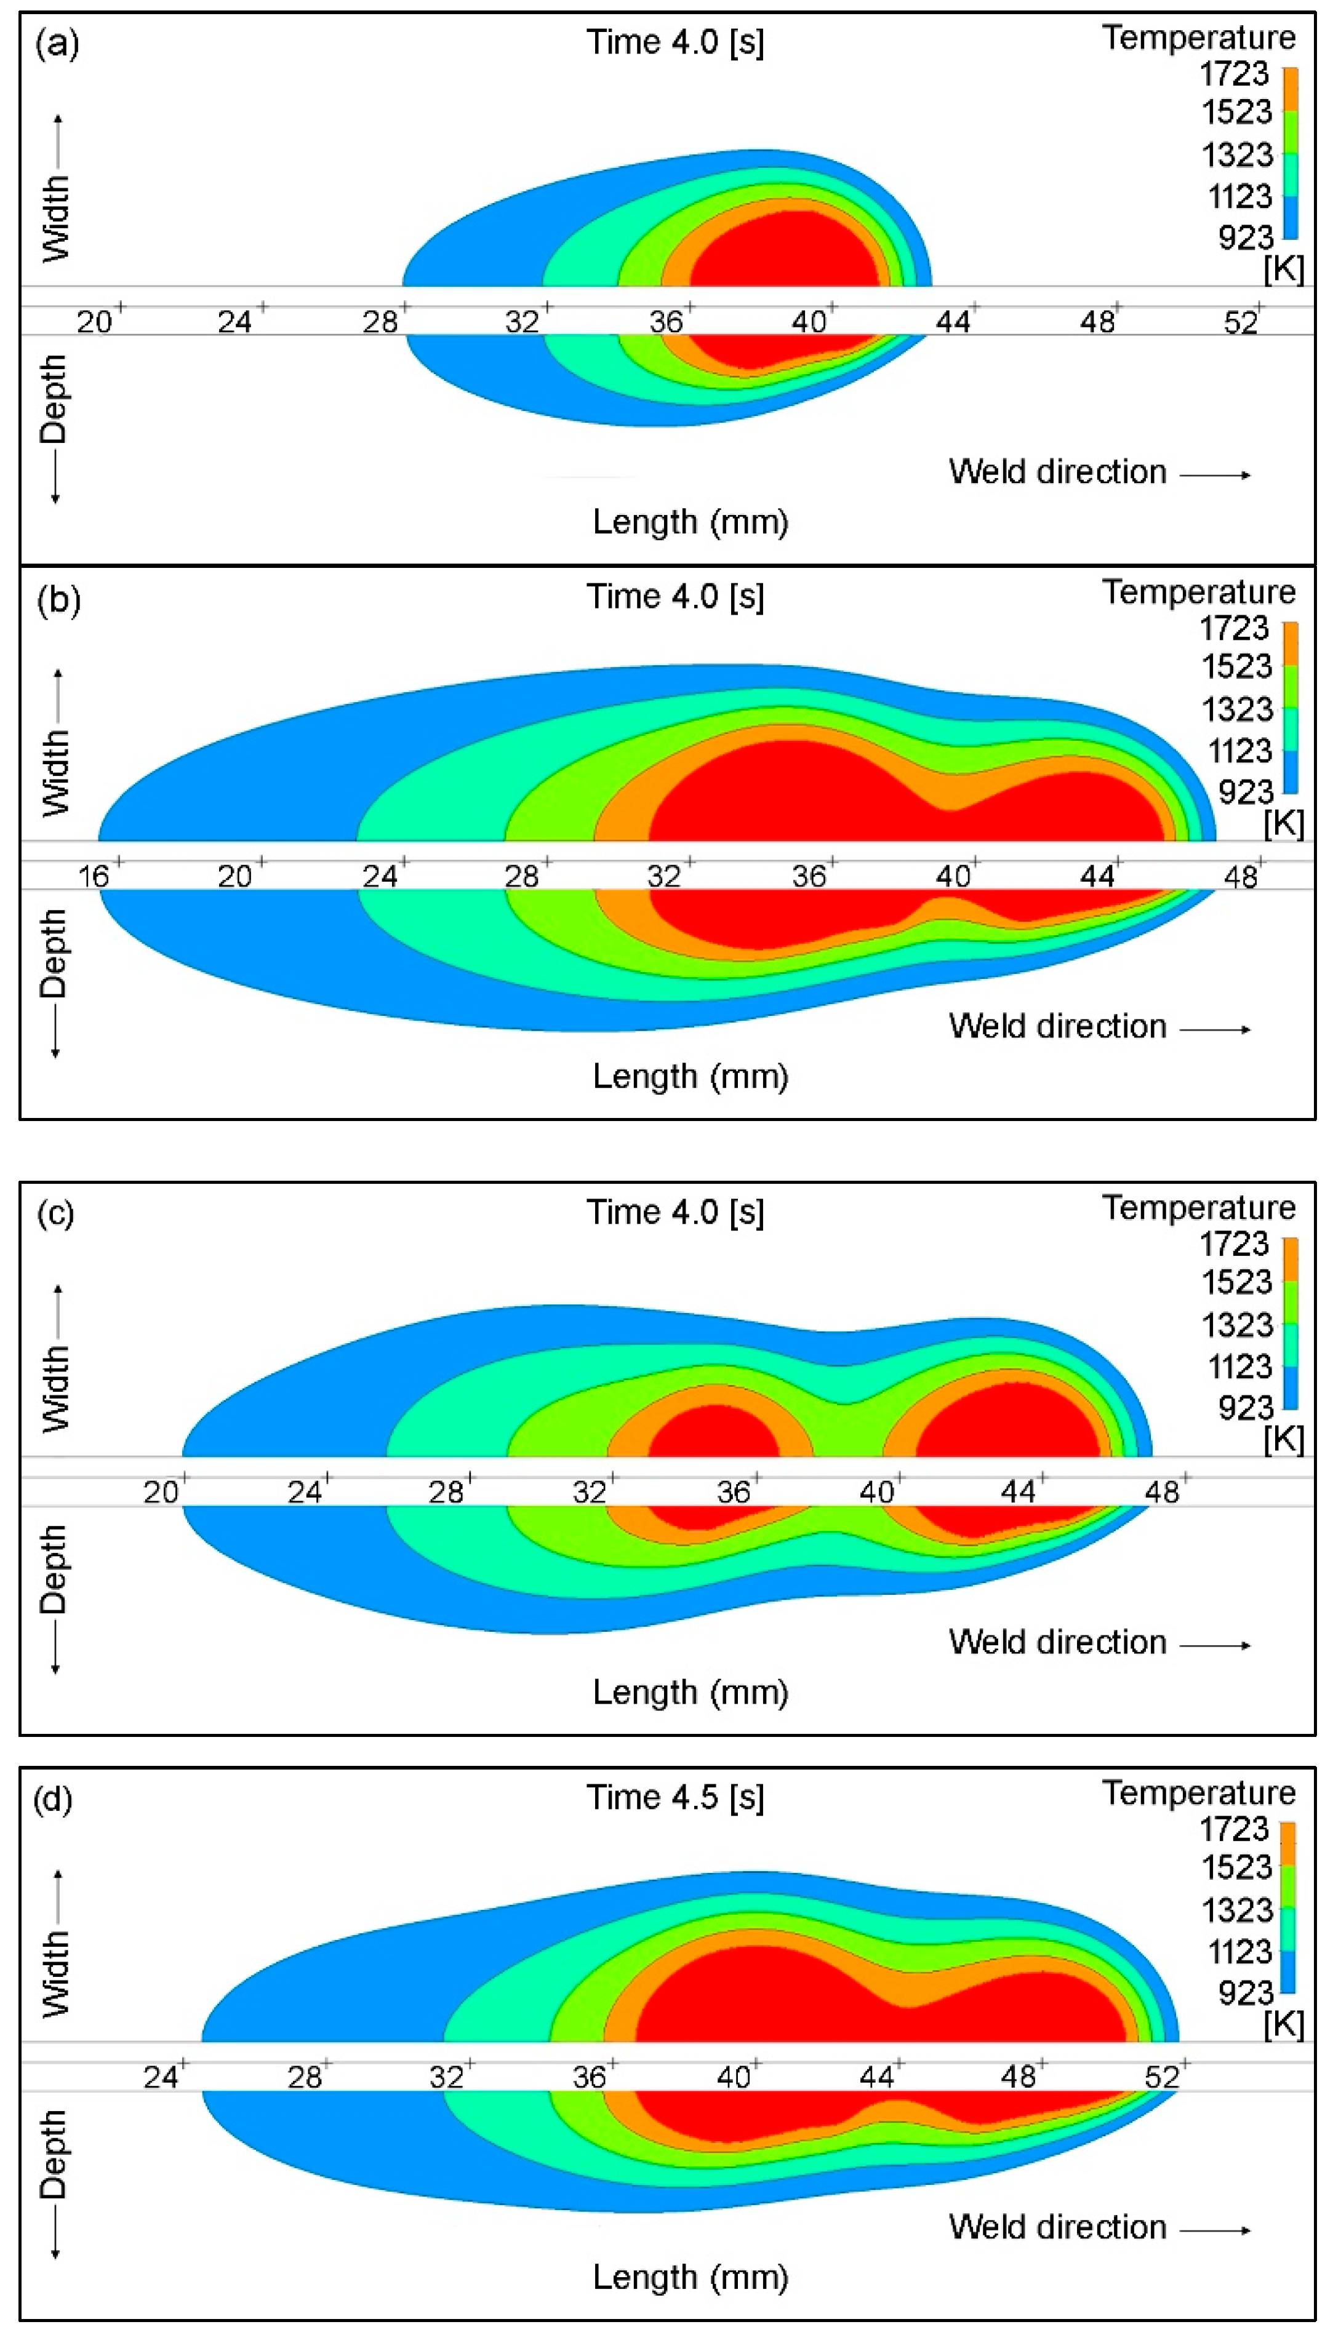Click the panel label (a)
tap(57, 43)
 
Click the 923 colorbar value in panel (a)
tap(1245, 237)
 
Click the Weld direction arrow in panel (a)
tap(1215, 474)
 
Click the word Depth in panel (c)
tap(53, 1569)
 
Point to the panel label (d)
tap(53, 1798)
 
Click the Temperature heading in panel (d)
tap(1198, 1792)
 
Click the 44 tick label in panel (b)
tap(1097, 876)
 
